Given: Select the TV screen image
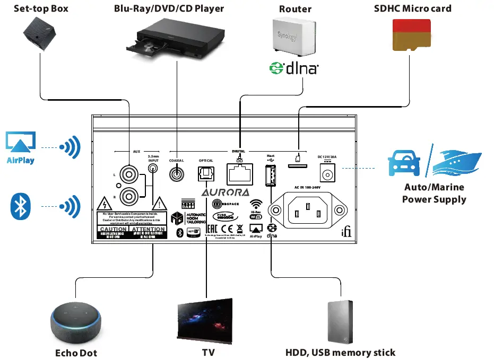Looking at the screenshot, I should (x=204, y=321).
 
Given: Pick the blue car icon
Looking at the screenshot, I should (x=404, y=162).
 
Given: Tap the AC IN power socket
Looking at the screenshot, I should (x=306, y=213).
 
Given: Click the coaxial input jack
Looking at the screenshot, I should (x=177, y=173).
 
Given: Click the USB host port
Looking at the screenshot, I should (x=270, y=175).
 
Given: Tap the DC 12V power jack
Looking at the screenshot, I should (x=326, y=173).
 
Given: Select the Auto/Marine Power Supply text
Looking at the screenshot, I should (x=434, y=194).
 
